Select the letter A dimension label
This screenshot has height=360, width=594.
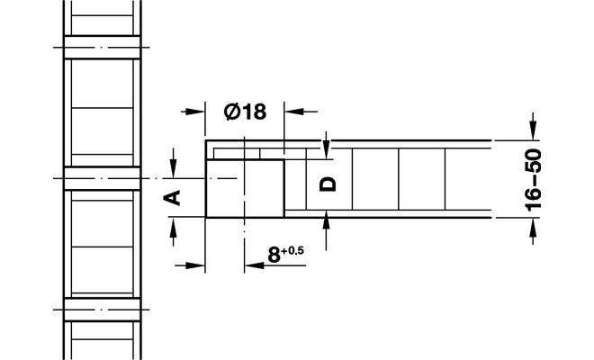coord(176,196)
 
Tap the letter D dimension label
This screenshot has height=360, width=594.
coord(328,183)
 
